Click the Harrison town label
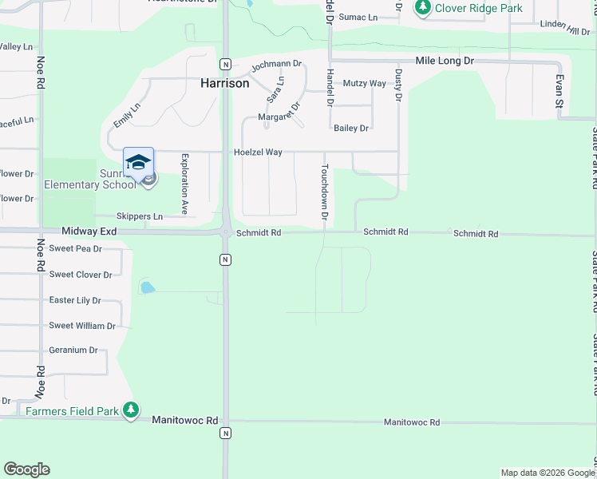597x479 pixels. pyautogui.click(x=224, y=83)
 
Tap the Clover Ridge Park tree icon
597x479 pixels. pyautogui.click(x=422, y=8)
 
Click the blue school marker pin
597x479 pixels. pyautogui.click(x=138, y=163)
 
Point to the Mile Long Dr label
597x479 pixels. pyautogui.click(x=445, y=61)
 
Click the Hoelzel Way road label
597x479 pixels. pyautogui.click(x=257, y=152)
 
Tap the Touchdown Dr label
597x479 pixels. pyautogui.click(x=325, y=192)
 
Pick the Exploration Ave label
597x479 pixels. pyautogui.click(x=184, y=184)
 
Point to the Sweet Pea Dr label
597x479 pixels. pyautogui.click(x=76, y=249)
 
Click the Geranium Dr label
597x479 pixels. pyautogui.click(x=73, y=350)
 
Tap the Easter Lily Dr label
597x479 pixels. pyautogui.click(x=75, y=300)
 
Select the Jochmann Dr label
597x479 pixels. pyautogui.click(x=276, y=64)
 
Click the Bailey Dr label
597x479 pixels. pyautogui.click(x=351, y=128)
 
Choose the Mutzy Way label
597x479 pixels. pyautogui.click(x=364, y=83)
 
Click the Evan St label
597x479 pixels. pyautogui.click(x=559, y=91)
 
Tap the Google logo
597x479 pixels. pyautogui.click(x=26, y=469)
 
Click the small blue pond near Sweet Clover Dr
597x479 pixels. pyautogui.click(x=147, y=287)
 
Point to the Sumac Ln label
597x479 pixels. pyautogui.click(x=357, y=17)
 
